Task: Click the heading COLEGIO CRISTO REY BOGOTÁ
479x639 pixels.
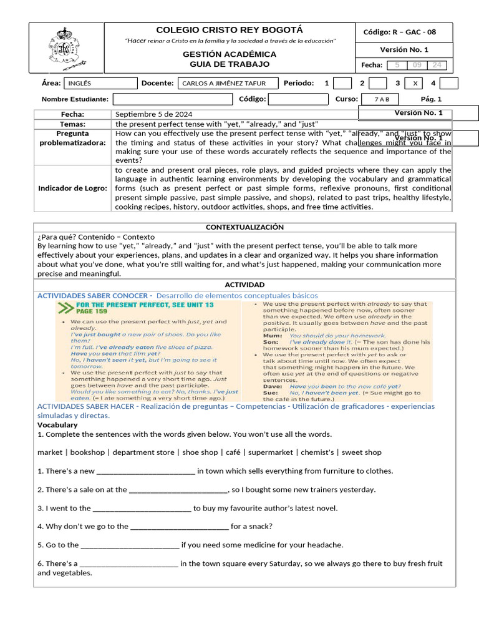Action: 230,30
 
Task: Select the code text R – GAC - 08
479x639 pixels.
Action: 414,32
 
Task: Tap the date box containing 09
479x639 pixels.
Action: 417,66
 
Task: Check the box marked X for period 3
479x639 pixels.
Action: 415,83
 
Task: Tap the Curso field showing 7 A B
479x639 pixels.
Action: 382,99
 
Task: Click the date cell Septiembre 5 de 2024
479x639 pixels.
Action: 154,114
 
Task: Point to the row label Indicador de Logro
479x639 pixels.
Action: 72,188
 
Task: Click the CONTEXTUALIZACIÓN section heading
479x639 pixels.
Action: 244,227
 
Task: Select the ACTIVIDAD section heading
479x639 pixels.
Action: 244,285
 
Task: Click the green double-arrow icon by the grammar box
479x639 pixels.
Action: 64,308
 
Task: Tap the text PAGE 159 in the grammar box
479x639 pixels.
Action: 92,311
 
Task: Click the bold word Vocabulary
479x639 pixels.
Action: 57,425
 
